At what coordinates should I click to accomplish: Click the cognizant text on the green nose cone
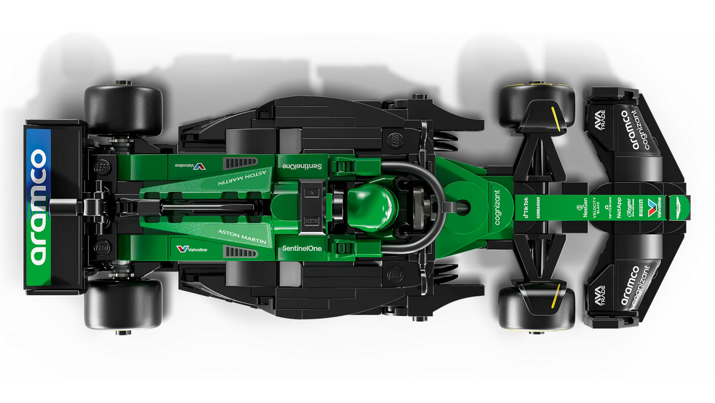(497, 207)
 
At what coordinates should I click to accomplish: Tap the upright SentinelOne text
(302, 247)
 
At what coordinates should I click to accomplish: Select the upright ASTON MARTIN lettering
(242, 236)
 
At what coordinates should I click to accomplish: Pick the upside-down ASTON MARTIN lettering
(242, 177)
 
